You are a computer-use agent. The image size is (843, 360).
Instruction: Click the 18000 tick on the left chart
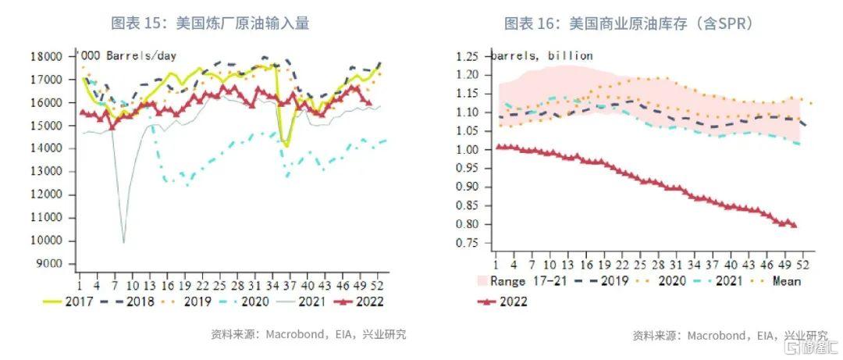click(x=52, y=56)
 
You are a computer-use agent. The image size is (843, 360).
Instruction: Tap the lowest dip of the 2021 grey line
click(x=123, y=241)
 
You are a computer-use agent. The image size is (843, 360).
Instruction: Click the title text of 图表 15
click(x=211, y=23)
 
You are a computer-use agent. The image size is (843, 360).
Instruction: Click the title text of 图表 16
click(x=629, y=23)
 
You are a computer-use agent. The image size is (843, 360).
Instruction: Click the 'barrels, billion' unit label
click(x=542, y=55)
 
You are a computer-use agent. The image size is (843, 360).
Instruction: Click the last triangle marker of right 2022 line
click(x=795, y=226)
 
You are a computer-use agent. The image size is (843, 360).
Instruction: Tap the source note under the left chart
click(x=308, y=334)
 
